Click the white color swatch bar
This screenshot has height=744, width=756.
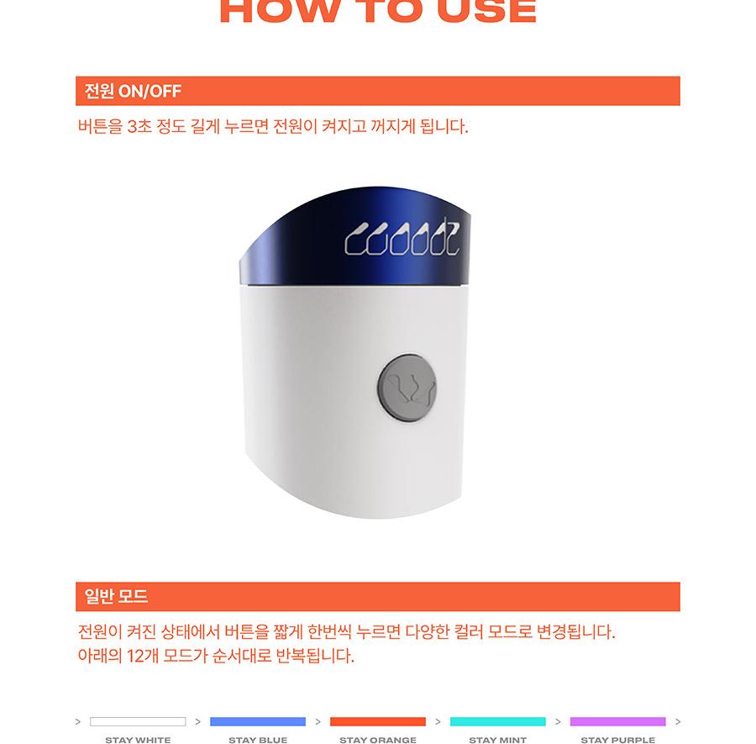coord(138,721)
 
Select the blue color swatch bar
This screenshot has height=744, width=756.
coord(258,721)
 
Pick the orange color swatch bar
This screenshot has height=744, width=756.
coord(378,721)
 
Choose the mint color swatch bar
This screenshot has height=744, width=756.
coord(498,721)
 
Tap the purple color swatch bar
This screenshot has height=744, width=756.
coord(618,721)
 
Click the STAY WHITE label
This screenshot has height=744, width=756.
coord(138,740)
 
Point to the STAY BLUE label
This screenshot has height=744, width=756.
coord(258,740)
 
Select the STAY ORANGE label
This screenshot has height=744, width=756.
coord(378,740)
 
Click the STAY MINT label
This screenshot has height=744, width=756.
coord(498,740)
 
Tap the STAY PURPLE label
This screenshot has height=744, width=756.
coord(618,740)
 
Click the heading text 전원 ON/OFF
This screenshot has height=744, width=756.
coord(133,91)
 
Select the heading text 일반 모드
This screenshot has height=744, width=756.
coord(116,597)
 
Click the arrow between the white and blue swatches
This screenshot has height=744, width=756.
coord(198,721)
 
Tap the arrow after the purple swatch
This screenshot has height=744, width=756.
coord(678,721)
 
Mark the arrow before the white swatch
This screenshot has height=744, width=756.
coord(78,721)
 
